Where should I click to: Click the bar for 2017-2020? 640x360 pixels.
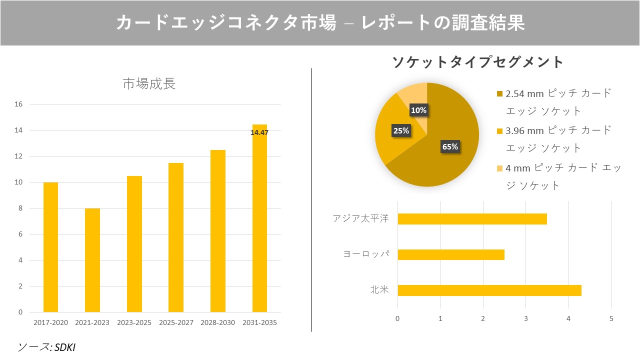(50, 247)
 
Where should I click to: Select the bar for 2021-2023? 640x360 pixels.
(92, 260)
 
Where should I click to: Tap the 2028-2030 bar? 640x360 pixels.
(217, 231)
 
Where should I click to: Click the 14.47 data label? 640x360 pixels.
(259, 132)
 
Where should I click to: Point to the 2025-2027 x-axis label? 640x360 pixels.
(176, 323)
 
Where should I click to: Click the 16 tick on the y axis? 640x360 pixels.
(18, 104)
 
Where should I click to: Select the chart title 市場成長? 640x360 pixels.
(149, 84)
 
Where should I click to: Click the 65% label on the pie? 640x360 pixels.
(450, 146)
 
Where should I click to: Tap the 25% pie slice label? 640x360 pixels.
(401, 131)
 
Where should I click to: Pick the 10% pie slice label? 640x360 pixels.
(418, 110)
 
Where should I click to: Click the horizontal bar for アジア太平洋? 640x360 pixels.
(472, 219)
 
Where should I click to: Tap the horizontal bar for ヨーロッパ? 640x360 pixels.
(450, 254)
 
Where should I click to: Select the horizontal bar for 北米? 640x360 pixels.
(489, 290)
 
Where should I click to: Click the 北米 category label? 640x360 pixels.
(379, 290)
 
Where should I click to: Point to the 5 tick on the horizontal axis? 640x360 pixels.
(611, 318)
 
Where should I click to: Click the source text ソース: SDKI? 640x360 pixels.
(46, 347)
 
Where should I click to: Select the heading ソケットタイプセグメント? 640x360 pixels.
(477, 62)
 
